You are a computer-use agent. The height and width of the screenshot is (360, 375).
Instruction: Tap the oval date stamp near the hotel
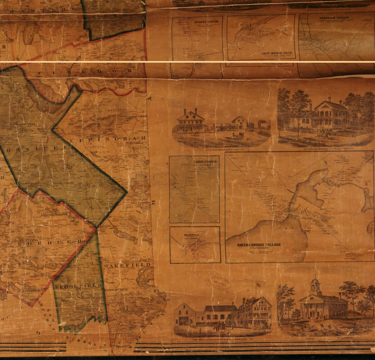220,283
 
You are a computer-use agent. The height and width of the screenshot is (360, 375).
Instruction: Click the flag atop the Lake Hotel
258,285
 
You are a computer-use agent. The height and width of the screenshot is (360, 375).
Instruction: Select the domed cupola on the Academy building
315,281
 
